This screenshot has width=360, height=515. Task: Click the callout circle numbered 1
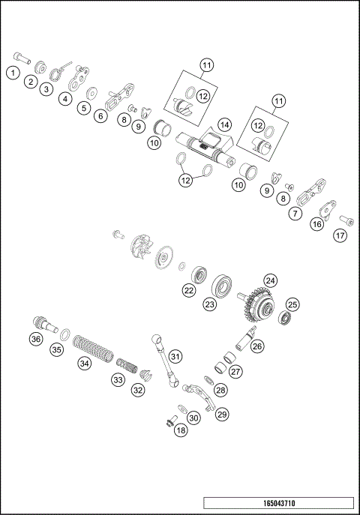[x=13, y=73]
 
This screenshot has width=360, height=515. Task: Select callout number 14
[x=223, y=124]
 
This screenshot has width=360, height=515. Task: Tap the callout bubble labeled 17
[x=341, y=235]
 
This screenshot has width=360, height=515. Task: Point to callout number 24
[x=269, y=281]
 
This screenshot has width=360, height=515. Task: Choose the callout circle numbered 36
[x=36, y=339]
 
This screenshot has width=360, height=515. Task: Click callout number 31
[x=175, y=355]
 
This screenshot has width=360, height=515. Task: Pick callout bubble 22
[x=190, y=289]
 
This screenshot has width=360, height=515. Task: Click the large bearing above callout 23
[x=223, y=285]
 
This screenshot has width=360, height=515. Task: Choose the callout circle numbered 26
[x=257, y=346]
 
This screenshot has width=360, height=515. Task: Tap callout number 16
[x=318, y=223]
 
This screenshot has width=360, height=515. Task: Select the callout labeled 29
[x=222, y=413]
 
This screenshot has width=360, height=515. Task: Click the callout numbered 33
[x=118, y=380]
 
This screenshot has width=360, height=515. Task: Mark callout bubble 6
[x=100, y=116]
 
